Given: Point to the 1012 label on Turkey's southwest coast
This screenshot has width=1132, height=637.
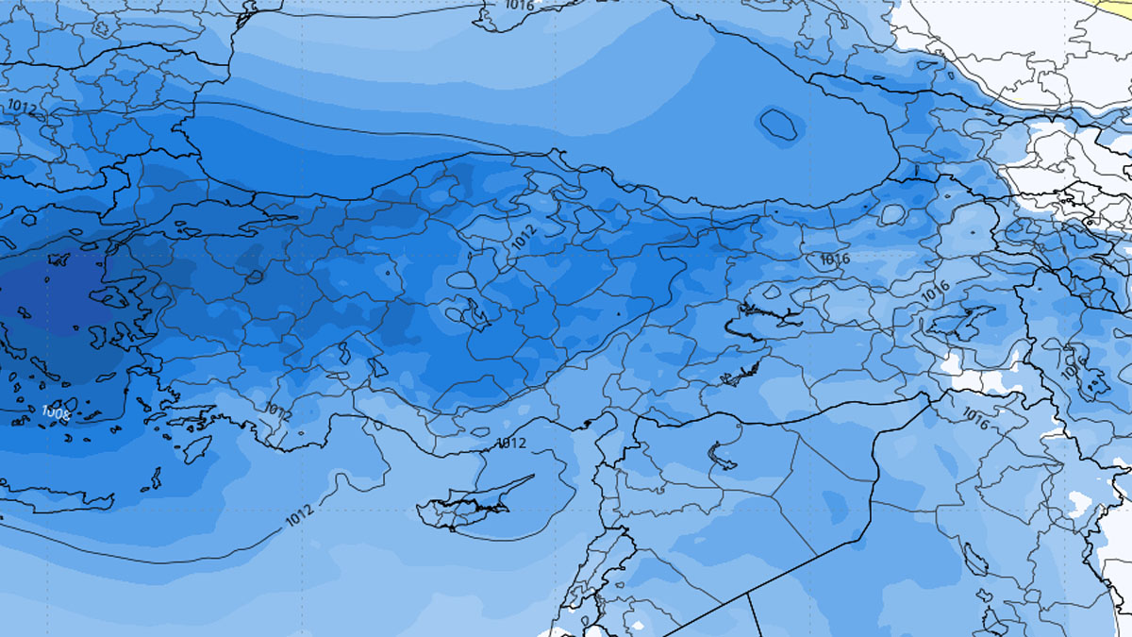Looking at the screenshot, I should pyautogui.click(x=278, y=411).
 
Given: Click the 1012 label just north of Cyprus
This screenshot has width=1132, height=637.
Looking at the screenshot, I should pyautogui.click(x=510, y=443).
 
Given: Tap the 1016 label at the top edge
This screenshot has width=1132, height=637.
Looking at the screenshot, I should pyautogui.click(x=519, y=6).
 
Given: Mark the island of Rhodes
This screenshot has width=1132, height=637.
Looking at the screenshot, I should pyautogui.click(x=198, y=447).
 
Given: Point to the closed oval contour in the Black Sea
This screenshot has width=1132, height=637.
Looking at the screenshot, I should pyautogui.click(x=779, y=125).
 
